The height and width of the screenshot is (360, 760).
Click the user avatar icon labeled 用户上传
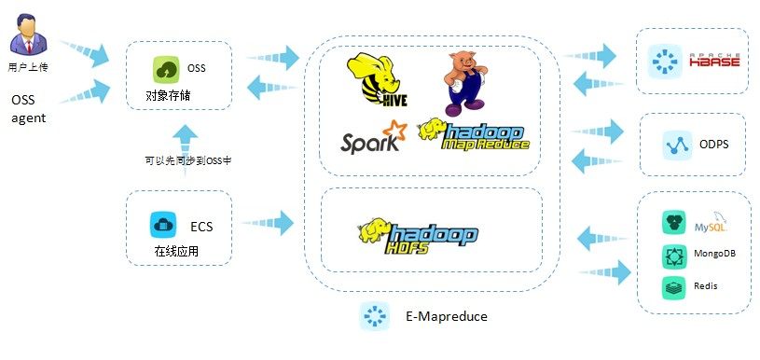25,42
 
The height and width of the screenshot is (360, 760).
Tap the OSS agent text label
29,108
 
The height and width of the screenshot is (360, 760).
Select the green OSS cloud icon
166,69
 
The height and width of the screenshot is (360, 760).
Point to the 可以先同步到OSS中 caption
187,160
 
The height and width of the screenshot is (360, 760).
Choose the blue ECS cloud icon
162,226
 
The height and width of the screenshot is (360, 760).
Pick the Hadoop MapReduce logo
474,134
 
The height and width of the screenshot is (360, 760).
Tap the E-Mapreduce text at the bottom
446,316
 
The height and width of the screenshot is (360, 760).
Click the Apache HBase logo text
714,62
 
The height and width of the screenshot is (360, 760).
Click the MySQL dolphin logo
709,224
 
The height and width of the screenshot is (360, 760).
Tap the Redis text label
705,286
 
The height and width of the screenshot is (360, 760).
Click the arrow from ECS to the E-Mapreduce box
268,224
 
